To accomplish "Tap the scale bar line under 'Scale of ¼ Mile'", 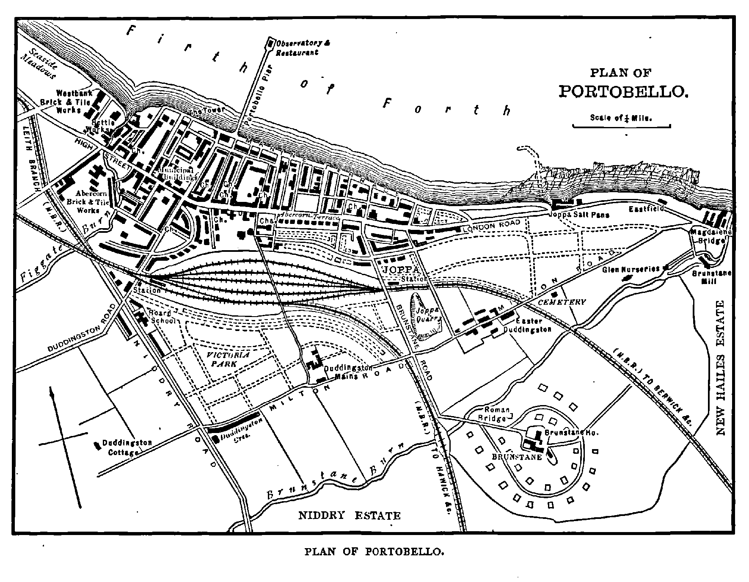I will click(621, 126).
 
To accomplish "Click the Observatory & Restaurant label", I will click(303, 48).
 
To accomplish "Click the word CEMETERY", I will click(562, 302).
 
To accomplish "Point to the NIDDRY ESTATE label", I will click(349, 516).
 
